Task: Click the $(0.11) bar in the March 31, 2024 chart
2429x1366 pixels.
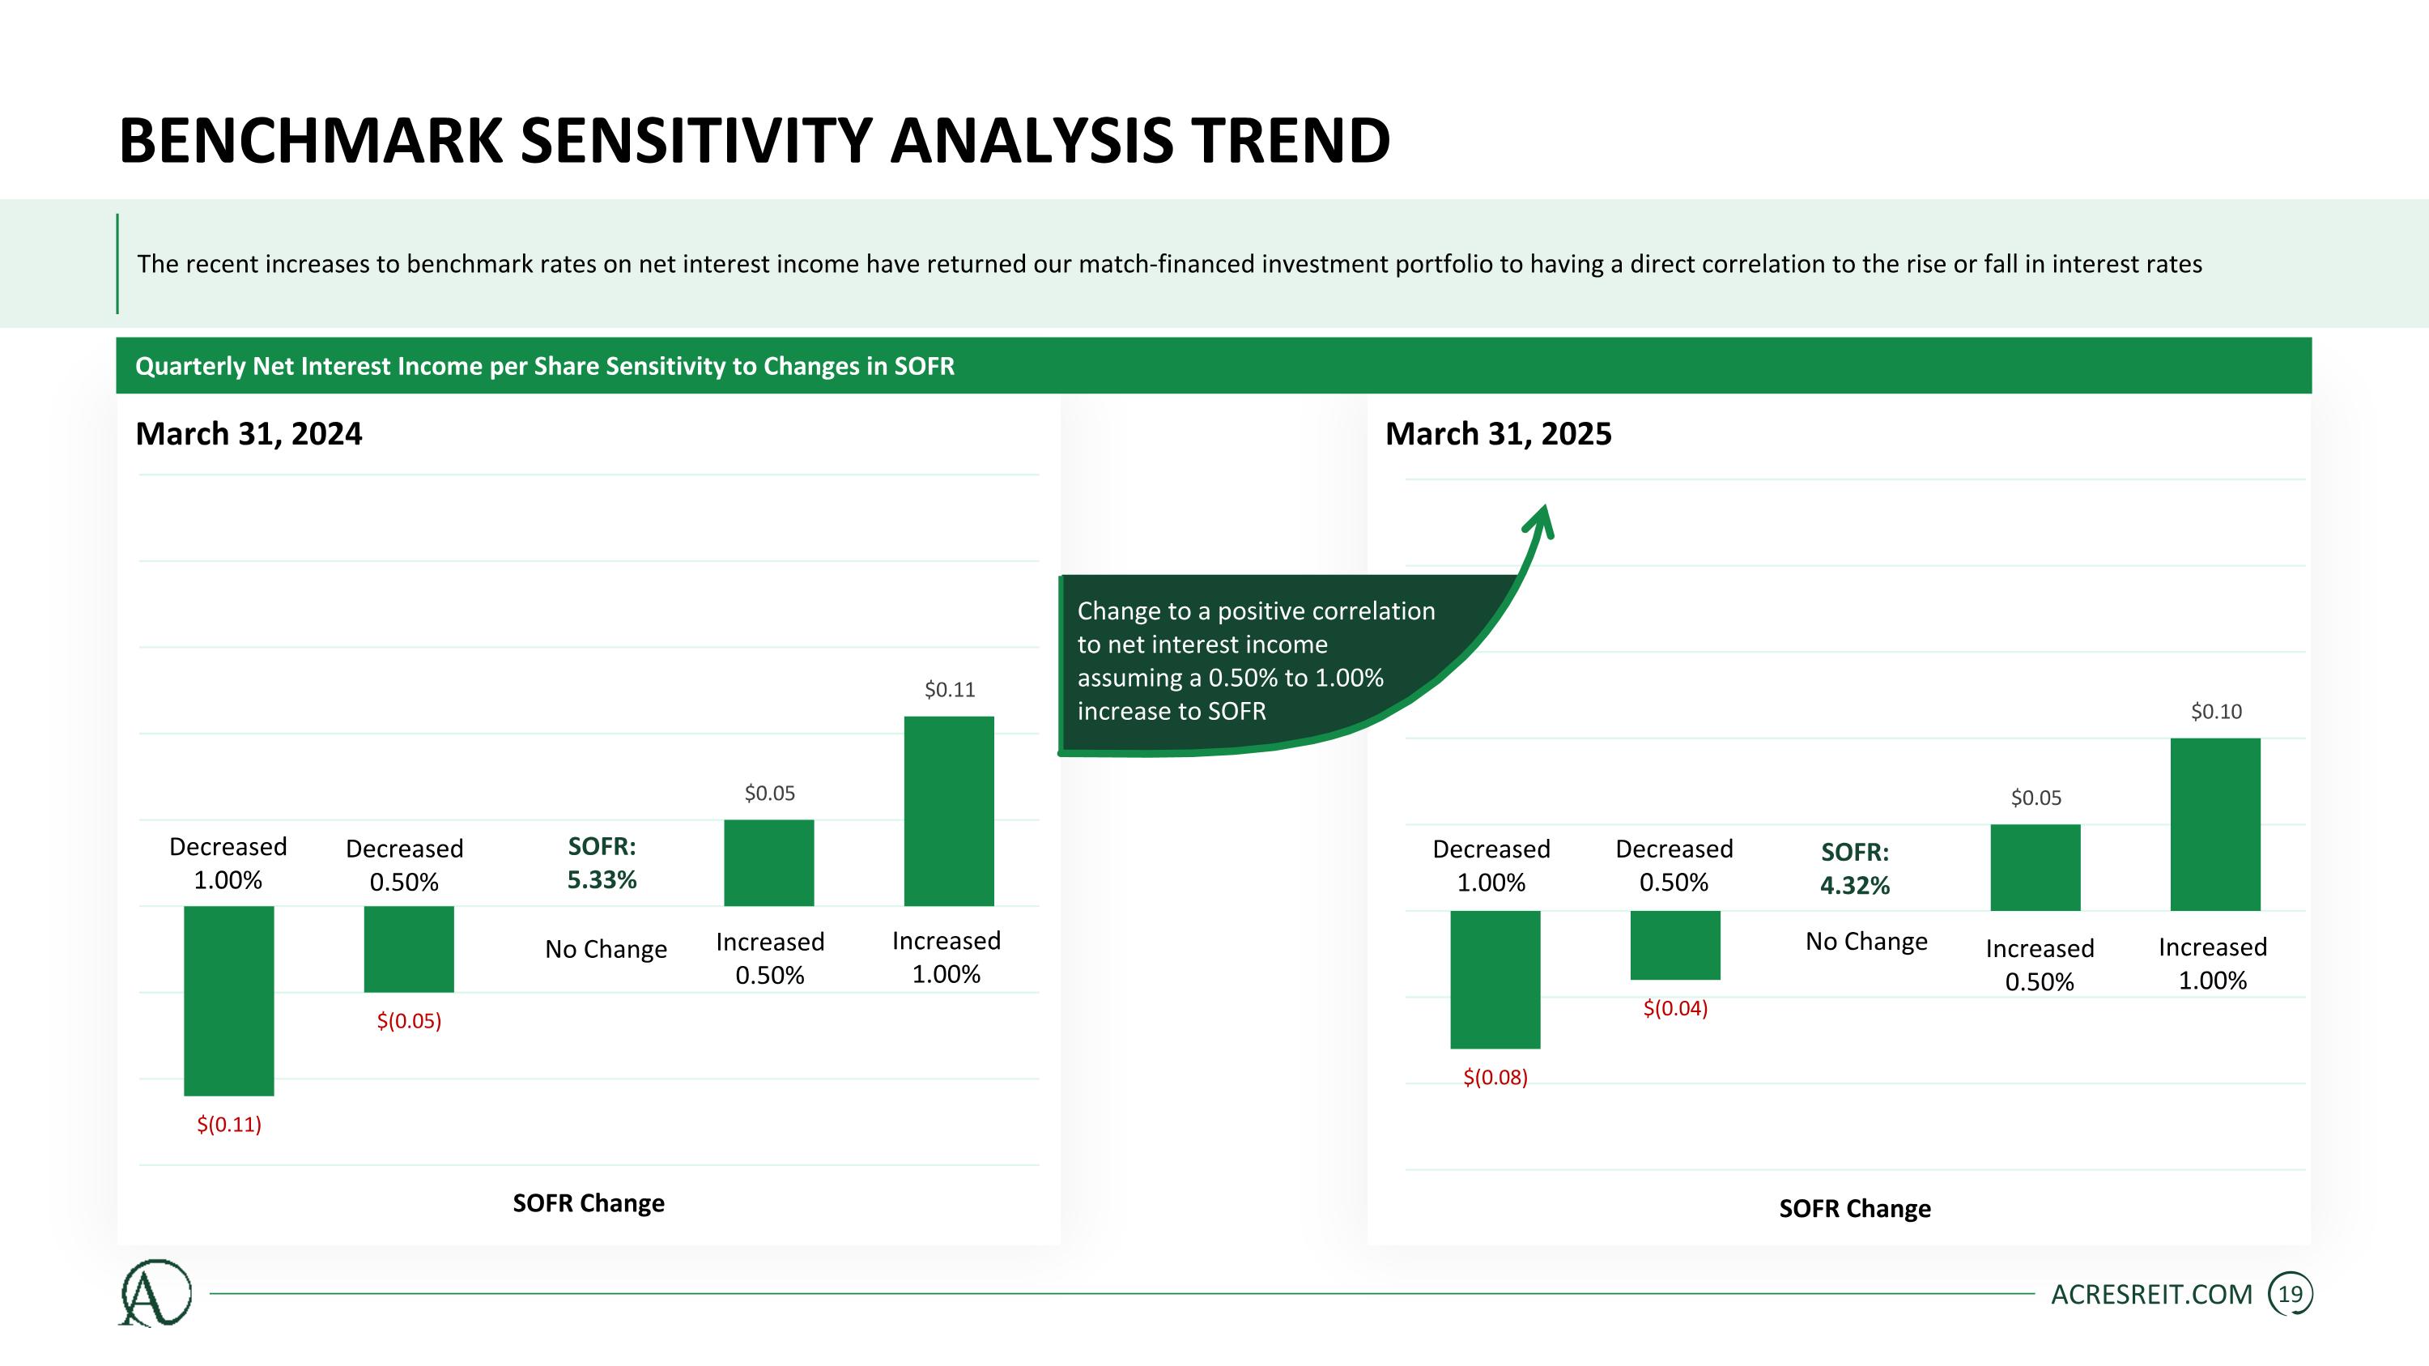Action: (x=228, y=1000)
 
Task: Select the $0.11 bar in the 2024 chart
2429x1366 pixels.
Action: (x=949, y=811)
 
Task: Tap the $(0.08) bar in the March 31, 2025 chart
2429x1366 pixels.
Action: (x=1495, y=980)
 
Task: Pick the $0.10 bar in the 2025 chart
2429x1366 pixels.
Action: (x=2215, y=824)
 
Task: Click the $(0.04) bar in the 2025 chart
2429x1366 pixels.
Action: (x=1674, y=945)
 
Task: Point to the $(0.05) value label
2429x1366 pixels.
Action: (x=409, y=1021)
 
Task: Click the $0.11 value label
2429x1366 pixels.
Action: (x=950, y=689)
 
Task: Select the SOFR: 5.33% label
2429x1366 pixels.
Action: (x=602, y=863)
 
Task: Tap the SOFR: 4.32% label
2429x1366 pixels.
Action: (x=1855, y=869)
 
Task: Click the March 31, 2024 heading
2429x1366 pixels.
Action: (x=249, y=434)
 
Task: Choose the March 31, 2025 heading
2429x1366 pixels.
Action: (x=1499, y=434)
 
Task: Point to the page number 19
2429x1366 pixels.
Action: (x=2290, y=1295)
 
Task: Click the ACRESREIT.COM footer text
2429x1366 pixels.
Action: (x=2152, y=1295)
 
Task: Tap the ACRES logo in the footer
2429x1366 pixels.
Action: (x=155, y=1292)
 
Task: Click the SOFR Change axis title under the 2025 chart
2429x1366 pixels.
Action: (x=1855, y=1209)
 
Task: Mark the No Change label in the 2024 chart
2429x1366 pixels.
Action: (x=606, y=948)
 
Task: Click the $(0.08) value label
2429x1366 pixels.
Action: (x=1495, y=1078)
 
